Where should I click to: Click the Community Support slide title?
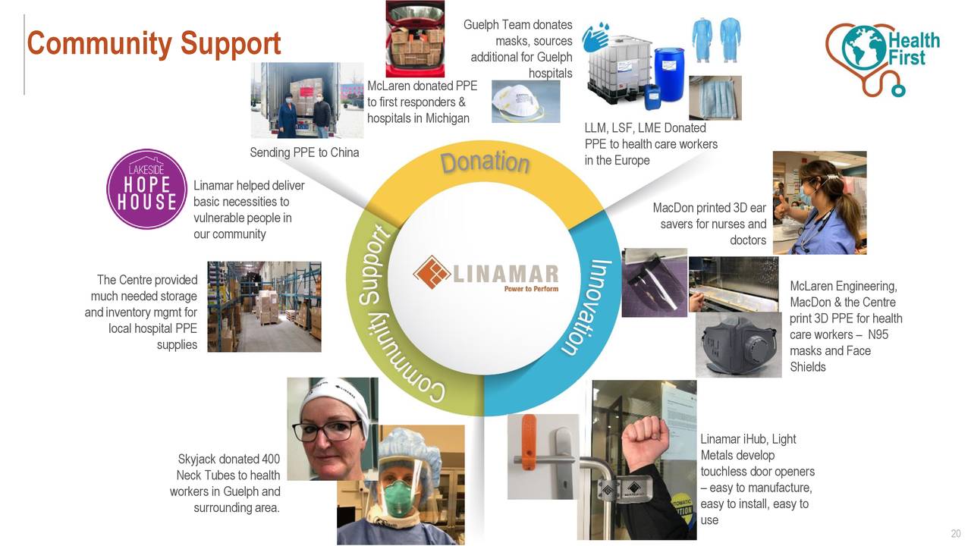point(154,44)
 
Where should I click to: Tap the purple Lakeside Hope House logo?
point(146,189)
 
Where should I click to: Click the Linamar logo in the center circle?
point(485,273)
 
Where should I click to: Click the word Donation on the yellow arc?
point(485,162)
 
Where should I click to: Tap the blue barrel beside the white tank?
point(668,69)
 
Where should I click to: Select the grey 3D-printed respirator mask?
point(738,344)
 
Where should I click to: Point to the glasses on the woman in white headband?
point(326,431)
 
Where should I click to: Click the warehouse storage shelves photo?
point(264,306)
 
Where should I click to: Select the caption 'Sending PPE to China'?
point(304,152)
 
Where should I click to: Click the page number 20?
point(956,533)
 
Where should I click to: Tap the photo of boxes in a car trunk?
point(414,38)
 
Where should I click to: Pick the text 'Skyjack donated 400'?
point(228,459)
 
